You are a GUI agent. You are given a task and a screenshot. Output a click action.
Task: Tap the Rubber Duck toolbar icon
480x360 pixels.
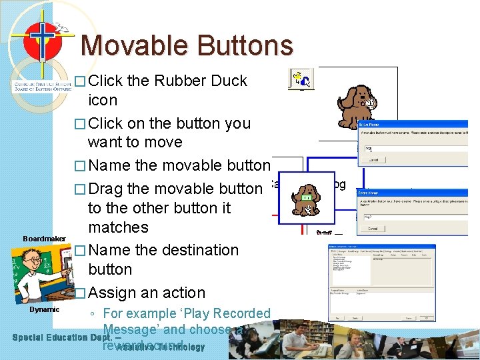coord(301,80)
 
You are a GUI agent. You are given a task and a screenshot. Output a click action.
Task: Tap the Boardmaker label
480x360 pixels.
coord(44,239)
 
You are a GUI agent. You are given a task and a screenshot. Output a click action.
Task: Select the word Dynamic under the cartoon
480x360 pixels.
coord(44,309)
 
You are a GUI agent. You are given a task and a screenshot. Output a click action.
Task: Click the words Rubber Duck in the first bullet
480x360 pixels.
coord(201,81)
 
